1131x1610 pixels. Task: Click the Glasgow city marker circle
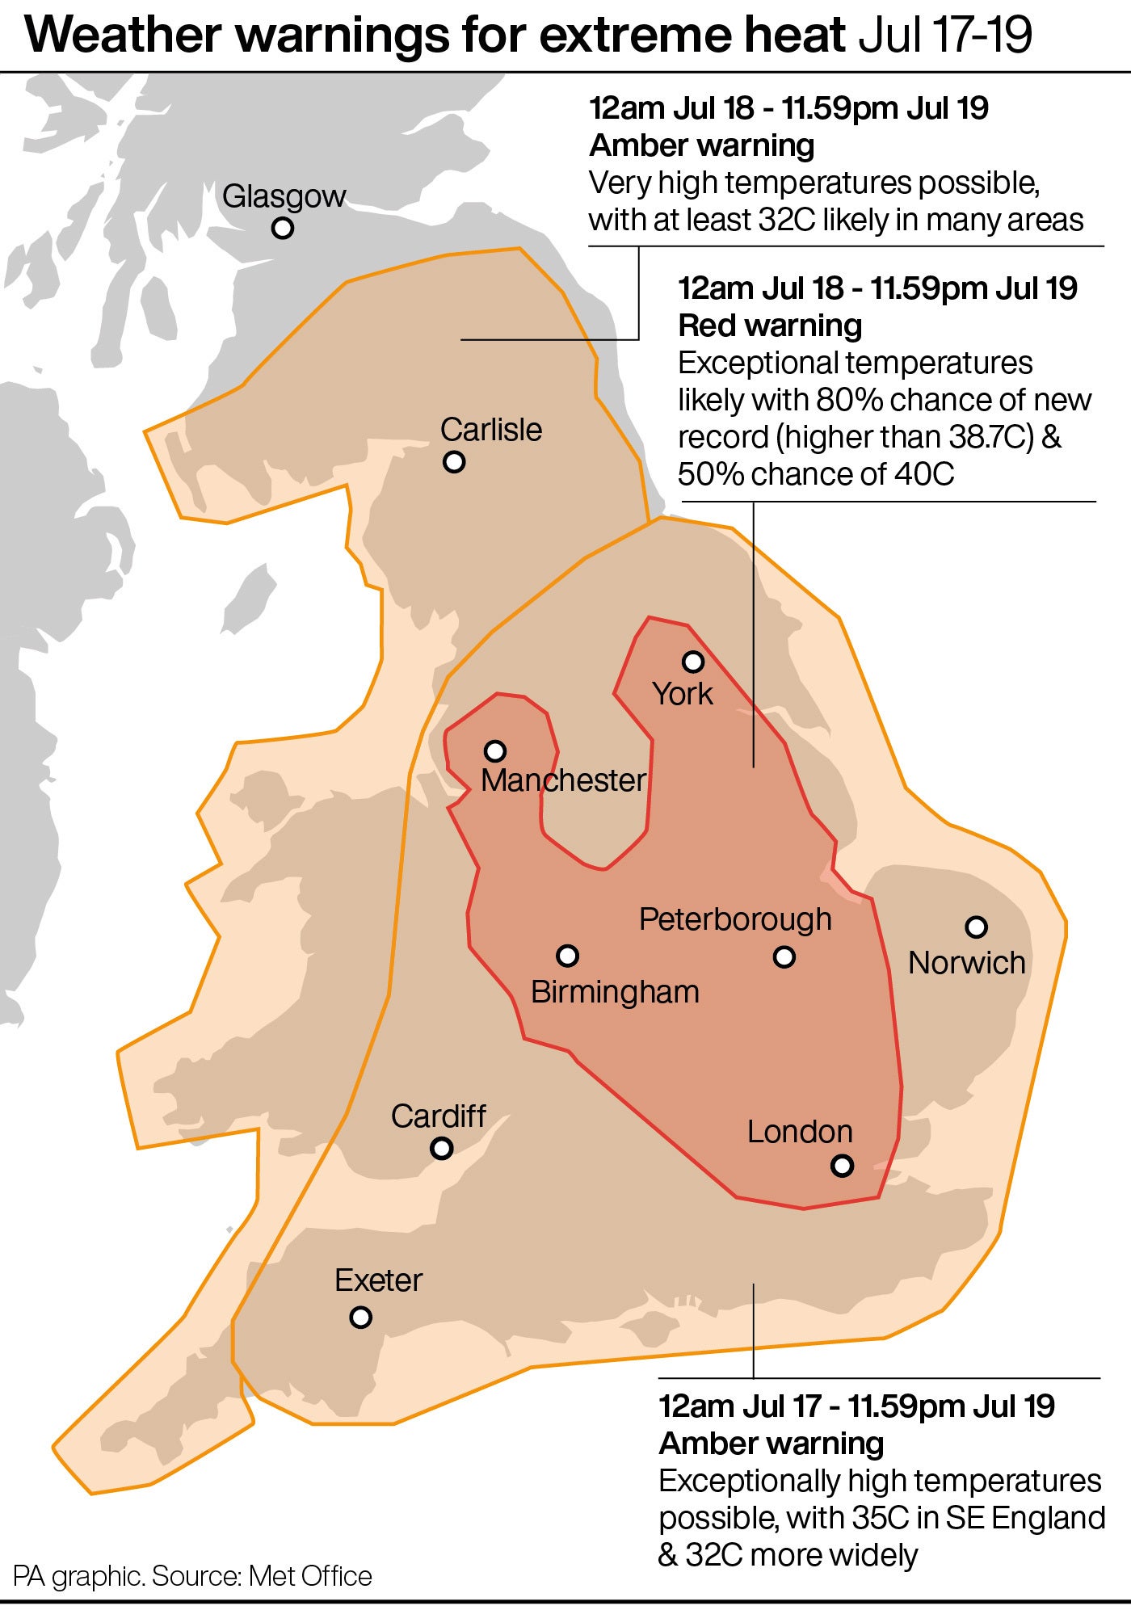tap(282, 228)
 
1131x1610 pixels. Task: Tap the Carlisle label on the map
tap(490, 430)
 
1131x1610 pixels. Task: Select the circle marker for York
tap(693, 662)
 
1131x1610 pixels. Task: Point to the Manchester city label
tap(563, 780)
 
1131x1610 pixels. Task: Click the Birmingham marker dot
tap(568, 956)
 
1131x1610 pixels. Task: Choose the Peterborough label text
tap(735, 919)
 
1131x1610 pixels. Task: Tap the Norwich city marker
tap(977, 927)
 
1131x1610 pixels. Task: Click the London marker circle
tap(843, 1165)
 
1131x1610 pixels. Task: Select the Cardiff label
tap(439, 1116)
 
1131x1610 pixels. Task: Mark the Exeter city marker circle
tap(361, 1317)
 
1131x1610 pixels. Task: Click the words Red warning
tap(770, 326)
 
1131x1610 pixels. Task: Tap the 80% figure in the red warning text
tap(841, 400)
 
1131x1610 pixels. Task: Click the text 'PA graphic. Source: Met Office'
tap(192, 1576)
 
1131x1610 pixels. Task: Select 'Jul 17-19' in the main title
tap(944, 36)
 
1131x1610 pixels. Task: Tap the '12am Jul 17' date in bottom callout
tap(740, 1406)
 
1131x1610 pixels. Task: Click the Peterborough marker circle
tap(784, 957)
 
